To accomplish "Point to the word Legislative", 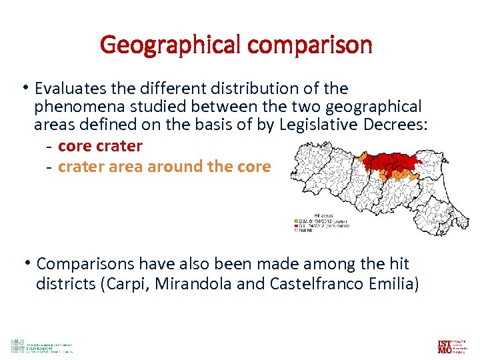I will pyautogui.click(x=317, y=125).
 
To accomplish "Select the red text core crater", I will pyautogui.click(x=100, y=146).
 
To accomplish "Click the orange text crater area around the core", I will pyautogui.click(x=164, y=166).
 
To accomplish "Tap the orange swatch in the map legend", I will pyautogui.click(x=297, y=221).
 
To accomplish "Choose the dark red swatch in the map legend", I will pyautogui.click(x=297, y=225).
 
